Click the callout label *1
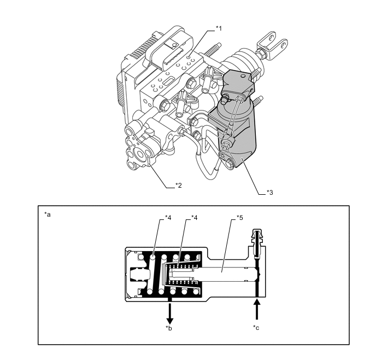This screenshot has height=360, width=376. [x=219, y=28]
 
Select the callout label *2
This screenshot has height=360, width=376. [x=178, y=185]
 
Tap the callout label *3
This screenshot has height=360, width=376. [x=270, y=193]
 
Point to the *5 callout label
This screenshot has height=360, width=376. [x=239, y=218]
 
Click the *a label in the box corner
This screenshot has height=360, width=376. [x=48, y=214]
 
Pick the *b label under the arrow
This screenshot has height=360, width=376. [x=168, y=328]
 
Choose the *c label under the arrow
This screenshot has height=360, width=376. [x=256, y=328]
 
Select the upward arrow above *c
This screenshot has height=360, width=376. [x=257, y=309]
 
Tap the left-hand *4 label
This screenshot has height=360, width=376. [x=168, y=218]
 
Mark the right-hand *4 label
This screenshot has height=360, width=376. [x=194, y=218]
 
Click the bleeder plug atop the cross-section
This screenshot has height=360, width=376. [x=257, y=242]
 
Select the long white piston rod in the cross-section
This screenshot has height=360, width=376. [x=225, y=274]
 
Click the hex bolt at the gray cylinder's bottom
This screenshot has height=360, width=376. [x=230, y=163]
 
